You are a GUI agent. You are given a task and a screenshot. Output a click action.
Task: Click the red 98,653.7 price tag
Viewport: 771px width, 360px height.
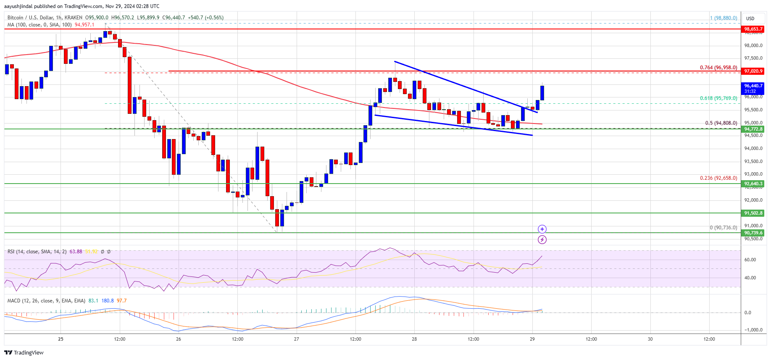point(753,29)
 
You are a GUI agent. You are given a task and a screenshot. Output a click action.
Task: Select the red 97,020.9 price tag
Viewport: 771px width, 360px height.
point(753,71)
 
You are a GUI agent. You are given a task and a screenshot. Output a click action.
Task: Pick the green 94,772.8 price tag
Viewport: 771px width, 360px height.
point(753,129)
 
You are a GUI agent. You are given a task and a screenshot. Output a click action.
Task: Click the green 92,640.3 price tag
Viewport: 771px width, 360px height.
point(753,184)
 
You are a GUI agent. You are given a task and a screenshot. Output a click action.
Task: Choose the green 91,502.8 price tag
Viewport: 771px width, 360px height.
point(753,213)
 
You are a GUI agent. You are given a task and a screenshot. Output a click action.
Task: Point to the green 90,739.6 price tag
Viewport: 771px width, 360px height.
point(753,233)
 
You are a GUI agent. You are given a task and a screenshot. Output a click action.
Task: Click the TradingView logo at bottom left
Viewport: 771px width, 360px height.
point(24,352)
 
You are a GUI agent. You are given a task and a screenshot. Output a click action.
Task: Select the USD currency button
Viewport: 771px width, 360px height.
point(750,18)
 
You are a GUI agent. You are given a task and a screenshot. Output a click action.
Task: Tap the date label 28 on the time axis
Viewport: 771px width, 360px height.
point(414,339)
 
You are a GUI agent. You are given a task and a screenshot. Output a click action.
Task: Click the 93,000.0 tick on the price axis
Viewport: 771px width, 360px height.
point(753,174)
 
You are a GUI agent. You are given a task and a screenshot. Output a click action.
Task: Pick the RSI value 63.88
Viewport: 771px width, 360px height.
point(76,252)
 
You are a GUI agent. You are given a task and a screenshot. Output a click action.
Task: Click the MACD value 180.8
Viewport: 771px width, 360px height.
point(108,301)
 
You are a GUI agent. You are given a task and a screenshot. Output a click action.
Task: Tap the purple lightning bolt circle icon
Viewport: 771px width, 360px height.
point(542,240)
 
